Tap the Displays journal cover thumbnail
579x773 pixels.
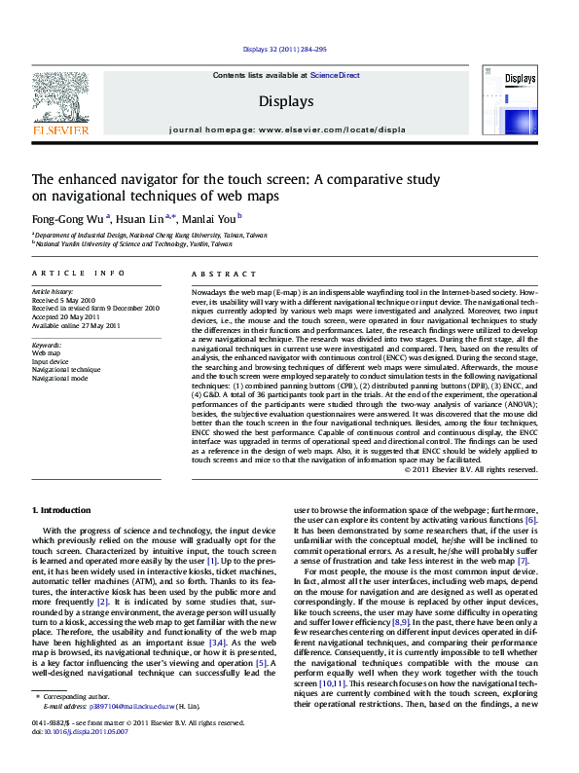[x=520, y=96]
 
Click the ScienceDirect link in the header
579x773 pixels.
[x=335, y=75]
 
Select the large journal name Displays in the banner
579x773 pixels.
[x=286, y=101]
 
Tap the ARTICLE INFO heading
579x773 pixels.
[x=78, y=275]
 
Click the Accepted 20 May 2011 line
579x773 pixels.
[x=65, y=316]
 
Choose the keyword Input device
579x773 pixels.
[x=51, y=360]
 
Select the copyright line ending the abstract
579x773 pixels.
[x=470, y=469]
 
